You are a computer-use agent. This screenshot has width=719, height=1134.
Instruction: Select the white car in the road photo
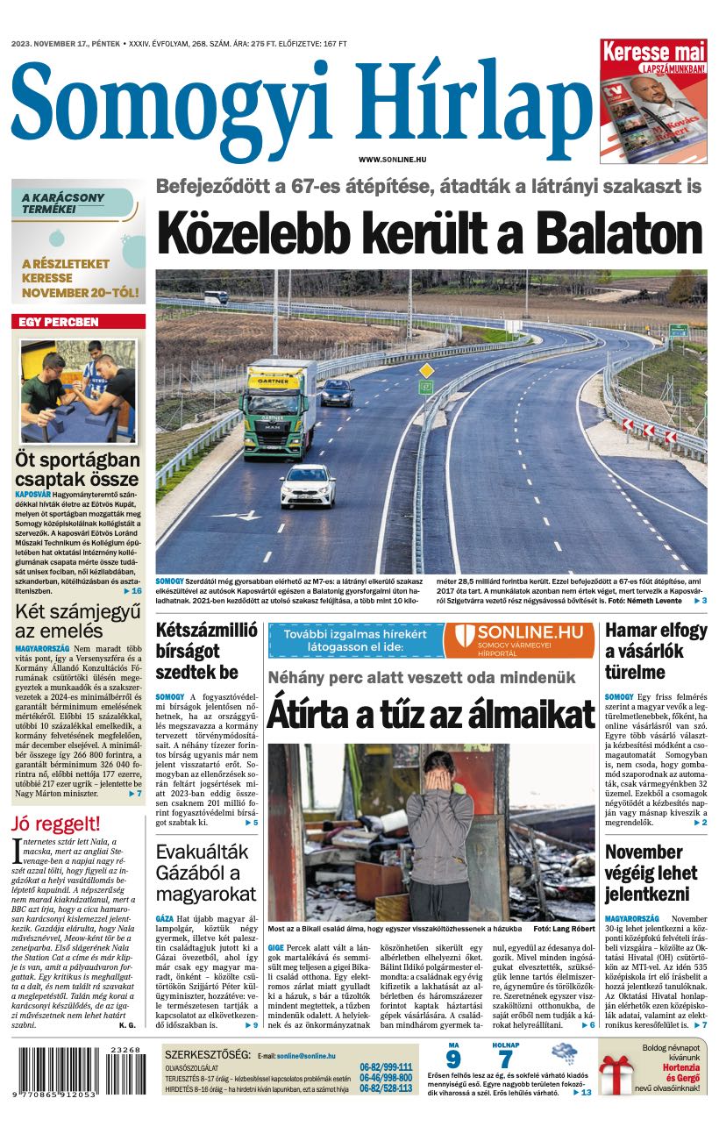click(x=307, y=485)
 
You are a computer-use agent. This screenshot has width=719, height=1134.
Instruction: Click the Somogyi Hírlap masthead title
click(x=302, y=103)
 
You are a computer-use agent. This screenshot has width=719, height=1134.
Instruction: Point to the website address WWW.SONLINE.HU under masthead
click(x=392, y=159)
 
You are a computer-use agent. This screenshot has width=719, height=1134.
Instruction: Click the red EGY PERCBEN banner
click(x=78, y=322)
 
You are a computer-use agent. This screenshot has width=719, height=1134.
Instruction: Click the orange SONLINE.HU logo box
click(x=519, y=640)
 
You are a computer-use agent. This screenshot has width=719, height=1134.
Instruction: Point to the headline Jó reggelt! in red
click(x=56, y=824)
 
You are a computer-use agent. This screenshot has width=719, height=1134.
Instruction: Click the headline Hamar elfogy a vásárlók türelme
click(x=656, y=651)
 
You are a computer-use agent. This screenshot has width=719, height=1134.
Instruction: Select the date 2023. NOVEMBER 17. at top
click(x=66, y=43)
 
